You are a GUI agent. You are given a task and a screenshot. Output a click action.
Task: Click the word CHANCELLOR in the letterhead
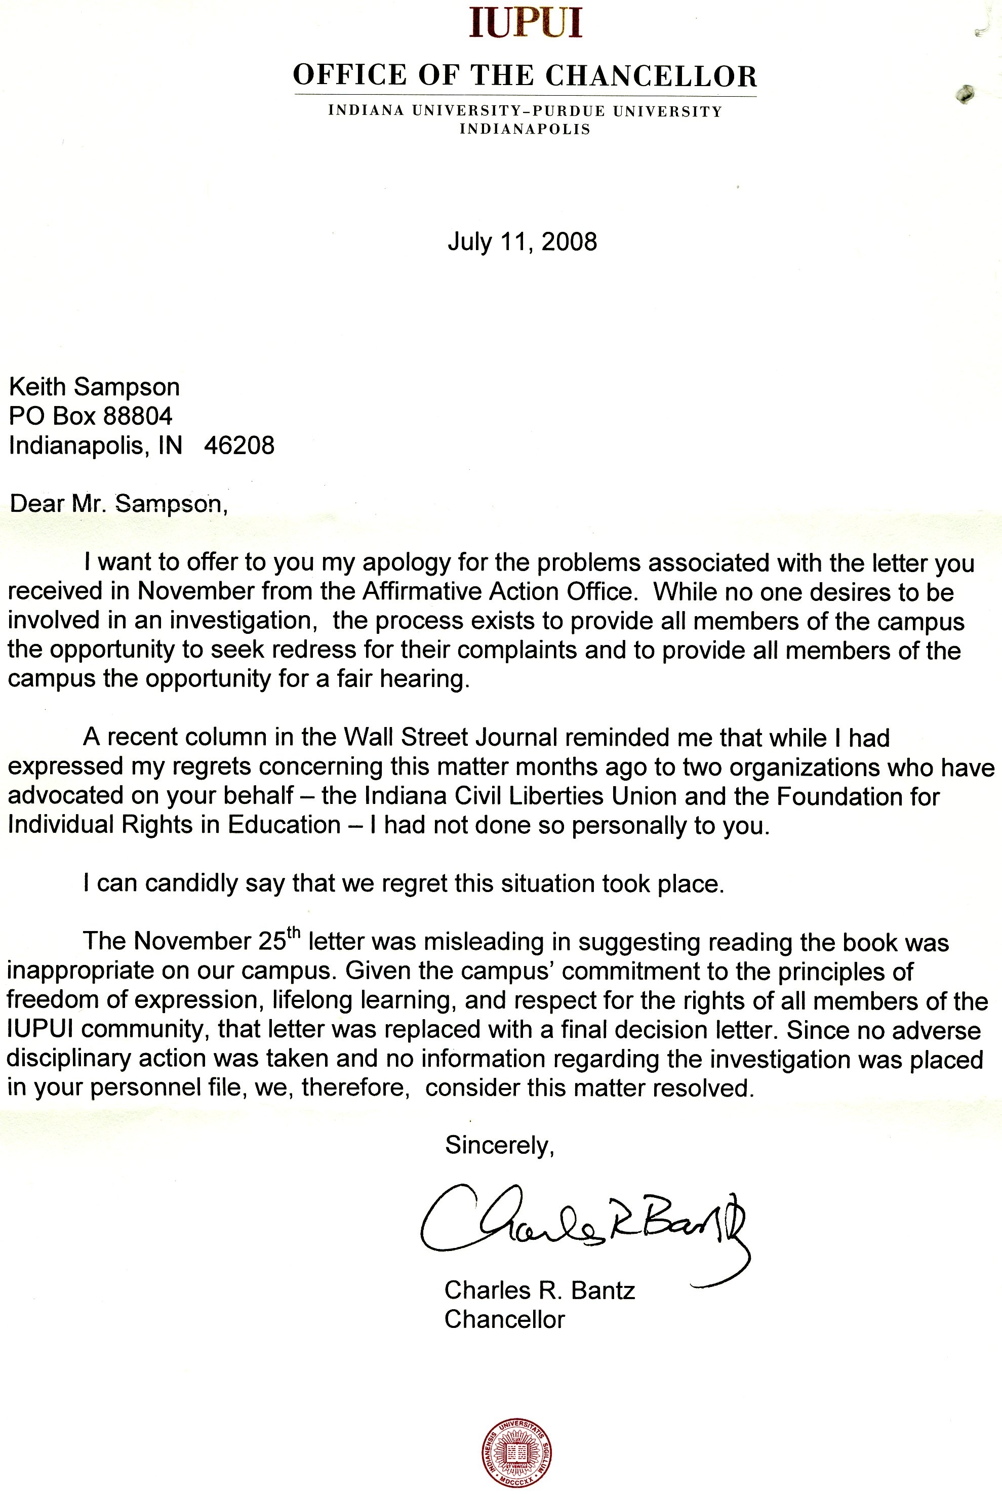pyautogui.click(x=651, y=76)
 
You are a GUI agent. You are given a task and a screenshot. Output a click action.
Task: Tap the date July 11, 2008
pyautogui.click(x=522, y=241)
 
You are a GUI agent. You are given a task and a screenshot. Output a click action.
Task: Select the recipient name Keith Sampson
pyautogui.click(x=94, y=387)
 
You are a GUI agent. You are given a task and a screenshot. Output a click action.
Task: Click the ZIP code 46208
pyautogui.click(x=239, y=446)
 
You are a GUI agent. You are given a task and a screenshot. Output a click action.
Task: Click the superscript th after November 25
pyautogui.click(x=293, y=934)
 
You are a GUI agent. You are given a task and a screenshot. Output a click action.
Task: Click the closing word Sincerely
pyautogui.click(x=499, y=1145)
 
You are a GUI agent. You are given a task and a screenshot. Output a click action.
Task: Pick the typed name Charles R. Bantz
pyautogui.click(x=540, y=1290)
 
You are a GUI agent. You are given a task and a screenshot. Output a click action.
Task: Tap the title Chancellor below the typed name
pyautogui.click(x=505, y=1319)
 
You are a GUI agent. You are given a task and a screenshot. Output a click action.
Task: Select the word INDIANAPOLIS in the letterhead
pyautogui.click(x=525, y=129)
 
